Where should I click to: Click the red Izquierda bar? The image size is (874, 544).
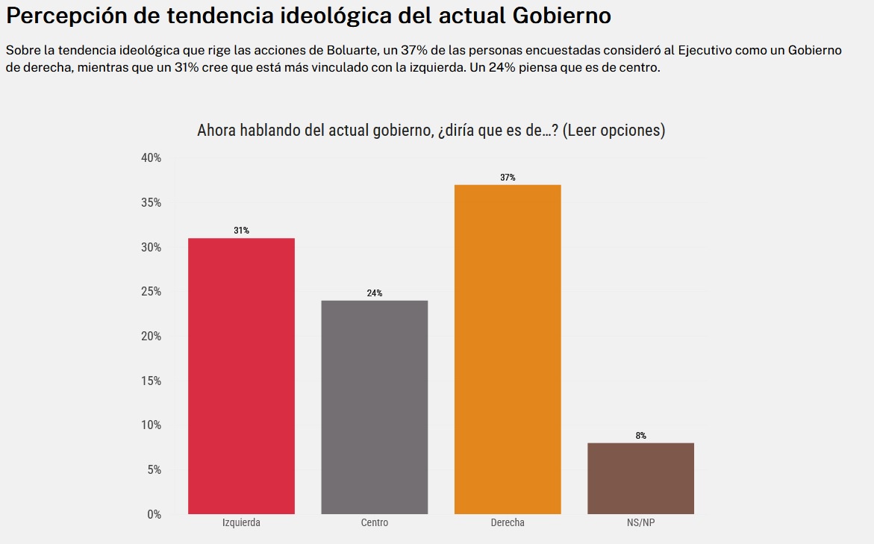click(241, 375)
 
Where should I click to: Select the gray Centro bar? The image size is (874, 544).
click(375, 407)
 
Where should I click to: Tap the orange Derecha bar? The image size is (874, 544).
click(508, 349)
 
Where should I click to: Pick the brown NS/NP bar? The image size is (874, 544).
click(640, 478)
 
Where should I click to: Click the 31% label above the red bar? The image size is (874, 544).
click(241, 231)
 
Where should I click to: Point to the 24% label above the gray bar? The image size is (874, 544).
click(375, 293)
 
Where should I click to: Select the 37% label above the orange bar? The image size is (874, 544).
click(508, 178)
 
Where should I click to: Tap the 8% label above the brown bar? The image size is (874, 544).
click(640, 436)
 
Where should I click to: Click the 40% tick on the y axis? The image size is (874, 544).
click(151, 158)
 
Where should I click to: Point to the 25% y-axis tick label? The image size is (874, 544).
click(151, 292)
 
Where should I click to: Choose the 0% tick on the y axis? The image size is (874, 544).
click(154, 514)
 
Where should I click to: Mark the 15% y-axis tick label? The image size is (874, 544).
click(151, 381)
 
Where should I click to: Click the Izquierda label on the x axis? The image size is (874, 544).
click(241, 523)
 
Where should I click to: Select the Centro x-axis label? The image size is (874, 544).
click(375, 523)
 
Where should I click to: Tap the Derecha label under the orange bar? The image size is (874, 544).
click(508, 523)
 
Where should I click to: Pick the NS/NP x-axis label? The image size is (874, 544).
click(640, 523)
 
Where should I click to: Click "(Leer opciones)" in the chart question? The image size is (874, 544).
click(613, 131)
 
